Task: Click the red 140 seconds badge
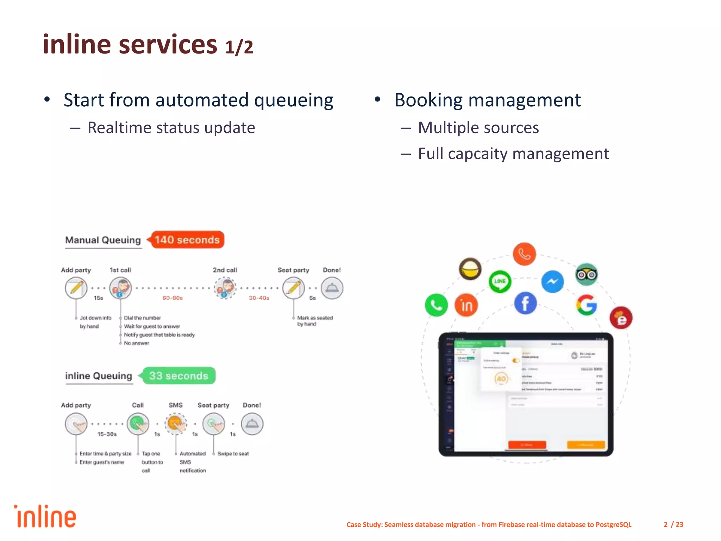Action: tap(187, 240)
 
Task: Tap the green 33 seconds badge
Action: tap(179, 376)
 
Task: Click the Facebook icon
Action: tap(525, 303)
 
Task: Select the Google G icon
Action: tap(587, 305)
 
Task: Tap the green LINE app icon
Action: tap(500, 281)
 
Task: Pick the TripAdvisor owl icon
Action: tap(587, 274)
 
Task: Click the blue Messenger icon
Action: tap(552, 281)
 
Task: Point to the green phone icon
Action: tap(436, 305)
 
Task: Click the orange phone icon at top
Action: tap(524, 254)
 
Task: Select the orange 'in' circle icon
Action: tap(466, 305)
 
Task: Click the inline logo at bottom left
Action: tap(45, 517)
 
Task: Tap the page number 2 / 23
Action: tap(673, 524)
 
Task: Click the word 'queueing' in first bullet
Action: tap(294, 101)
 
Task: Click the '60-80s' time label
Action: tap(173, 298)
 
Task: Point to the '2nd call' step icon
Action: tap(225, 288)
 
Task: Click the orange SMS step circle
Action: tap(176, 424)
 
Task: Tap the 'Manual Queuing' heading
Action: tap(103, 240)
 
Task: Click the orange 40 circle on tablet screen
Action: tap(501, 379)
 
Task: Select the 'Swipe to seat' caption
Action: tap(233, 454)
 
